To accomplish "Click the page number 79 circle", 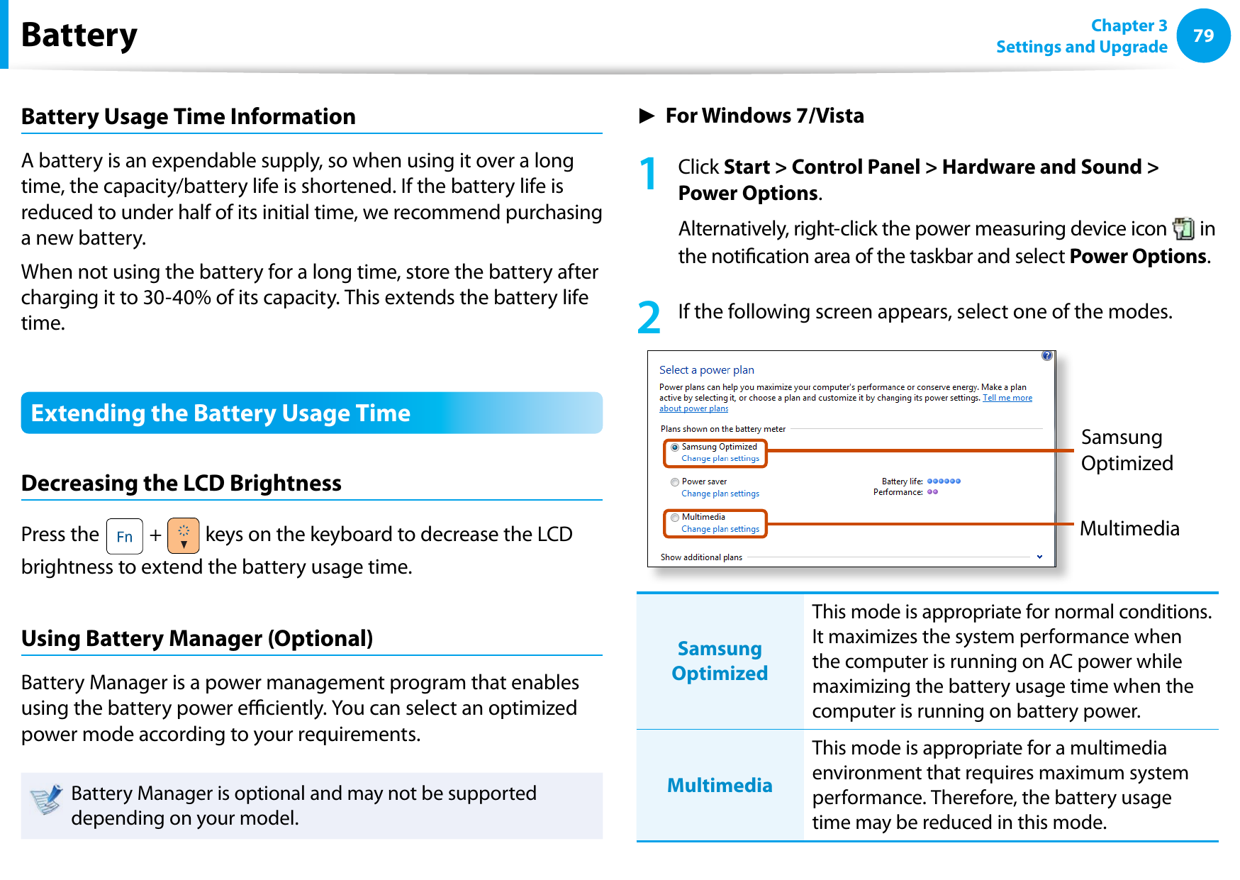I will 1202,35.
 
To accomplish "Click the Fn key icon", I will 124,536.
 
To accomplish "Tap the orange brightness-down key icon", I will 183,536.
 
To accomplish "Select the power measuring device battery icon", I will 1183,228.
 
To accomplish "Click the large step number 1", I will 648,174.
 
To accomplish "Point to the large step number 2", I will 648,318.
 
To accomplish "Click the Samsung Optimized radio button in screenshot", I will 675,447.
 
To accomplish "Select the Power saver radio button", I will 675,482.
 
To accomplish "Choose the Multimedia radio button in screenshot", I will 675,518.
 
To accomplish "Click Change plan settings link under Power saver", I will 720,494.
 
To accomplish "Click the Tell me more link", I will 1007,398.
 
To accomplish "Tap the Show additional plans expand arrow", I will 1039,557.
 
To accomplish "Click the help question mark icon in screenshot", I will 1046,356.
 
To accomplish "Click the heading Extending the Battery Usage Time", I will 220,413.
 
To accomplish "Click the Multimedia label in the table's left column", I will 719,785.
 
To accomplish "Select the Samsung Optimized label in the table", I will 719,660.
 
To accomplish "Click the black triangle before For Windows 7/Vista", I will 647,116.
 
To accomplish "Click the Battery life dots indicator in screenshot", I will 944,481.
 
